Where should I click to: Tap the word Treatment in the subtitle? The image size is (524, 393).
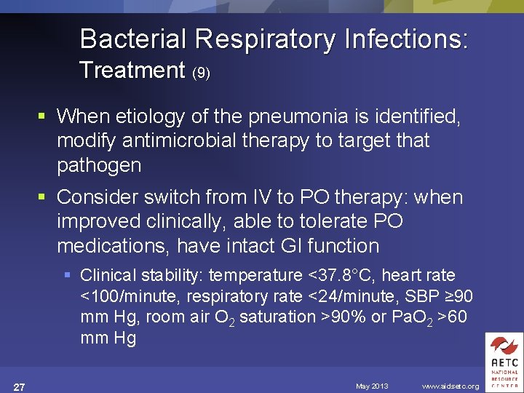132,71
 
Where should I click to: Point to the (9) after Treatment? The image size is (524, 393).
201,74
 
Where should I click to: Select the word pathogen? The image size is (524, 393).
99,165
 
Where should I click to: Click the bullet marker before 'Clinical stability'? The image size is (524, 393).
68,276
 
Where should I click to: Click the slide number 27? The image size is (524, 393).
20,386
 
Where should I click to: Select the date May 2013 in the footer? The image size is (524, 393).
372,386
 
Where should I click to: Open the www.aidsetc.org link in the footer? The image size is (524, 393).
450,386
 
